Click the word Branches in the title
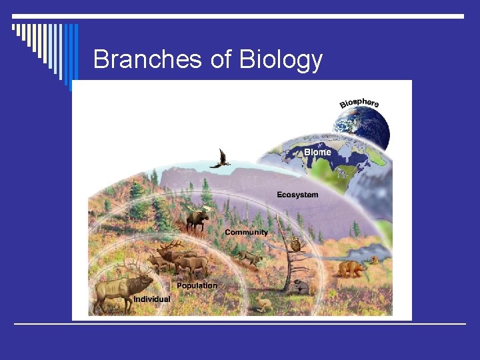(x=148, y=59)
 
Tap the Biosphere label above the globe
(x=359, y=103)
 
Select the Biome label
(x=317, y=152)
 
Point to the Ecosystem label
(x=297, y=195)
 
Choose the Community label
(x=246, y=232)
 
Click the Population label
(x=197, y=285)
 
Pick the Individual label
(x=152, y=299)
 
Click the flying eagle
(x=221, y=159)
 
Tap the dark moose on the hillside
(x=197, y=218)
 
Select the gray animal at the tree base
(x=299, y=287)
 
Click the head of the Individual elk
(x=144, y=284)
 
